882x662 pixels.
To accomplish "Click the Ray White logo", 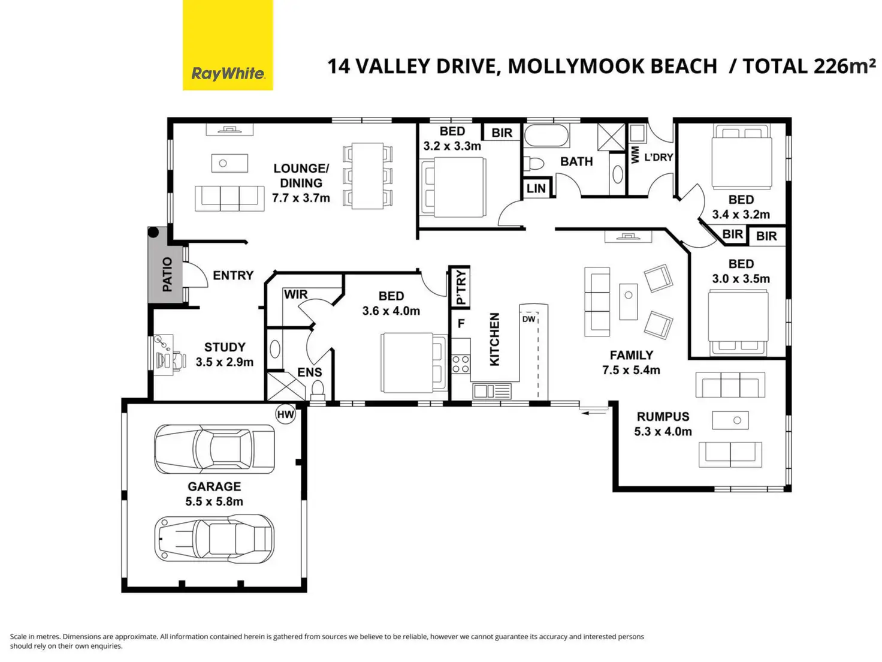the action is [x=228, y=45].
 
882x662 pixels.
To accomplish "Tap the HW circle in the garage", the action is [x=286, y=414].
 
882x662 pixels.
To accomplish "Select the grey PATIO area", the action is [x=165, y=265].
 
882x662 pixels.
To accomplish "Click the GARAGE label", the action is [x=214, y=487].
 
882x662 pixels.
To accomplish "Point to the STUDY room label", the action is [x=225, y=347].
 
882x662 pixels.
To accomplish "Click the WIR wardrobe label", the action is [x=296, y=294].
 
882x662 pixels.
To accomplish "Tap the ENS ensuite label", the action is [x=310, y=372].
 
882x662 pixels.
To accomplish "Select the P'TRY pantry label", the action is [x=461, y=287].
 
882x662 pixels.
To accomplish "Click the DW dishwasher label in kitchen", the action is [x=529, y=319].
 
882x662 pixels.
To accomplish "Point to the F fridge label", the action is [x=461, y=323].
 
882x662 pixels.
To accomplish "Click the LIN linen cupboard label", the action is [x=536, y=188].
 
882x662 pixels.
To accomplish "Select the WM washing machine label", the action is [x=635, y=155].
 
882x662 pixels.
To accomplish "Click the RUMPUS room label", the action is [x=663, y=417].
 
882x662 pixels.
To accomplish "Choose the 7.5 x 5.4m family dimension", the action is [x=632, y=370].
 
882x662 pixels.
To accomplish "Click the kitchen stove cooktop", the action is [x=461, y=364].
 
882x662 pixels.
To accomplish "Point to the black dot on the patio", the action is [x=153, y=232].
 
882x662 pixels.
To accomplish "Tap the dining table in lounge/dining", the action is [x=367, y=176].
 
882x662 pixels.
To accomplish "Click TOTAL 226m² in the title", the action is [x=809, y=67].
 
